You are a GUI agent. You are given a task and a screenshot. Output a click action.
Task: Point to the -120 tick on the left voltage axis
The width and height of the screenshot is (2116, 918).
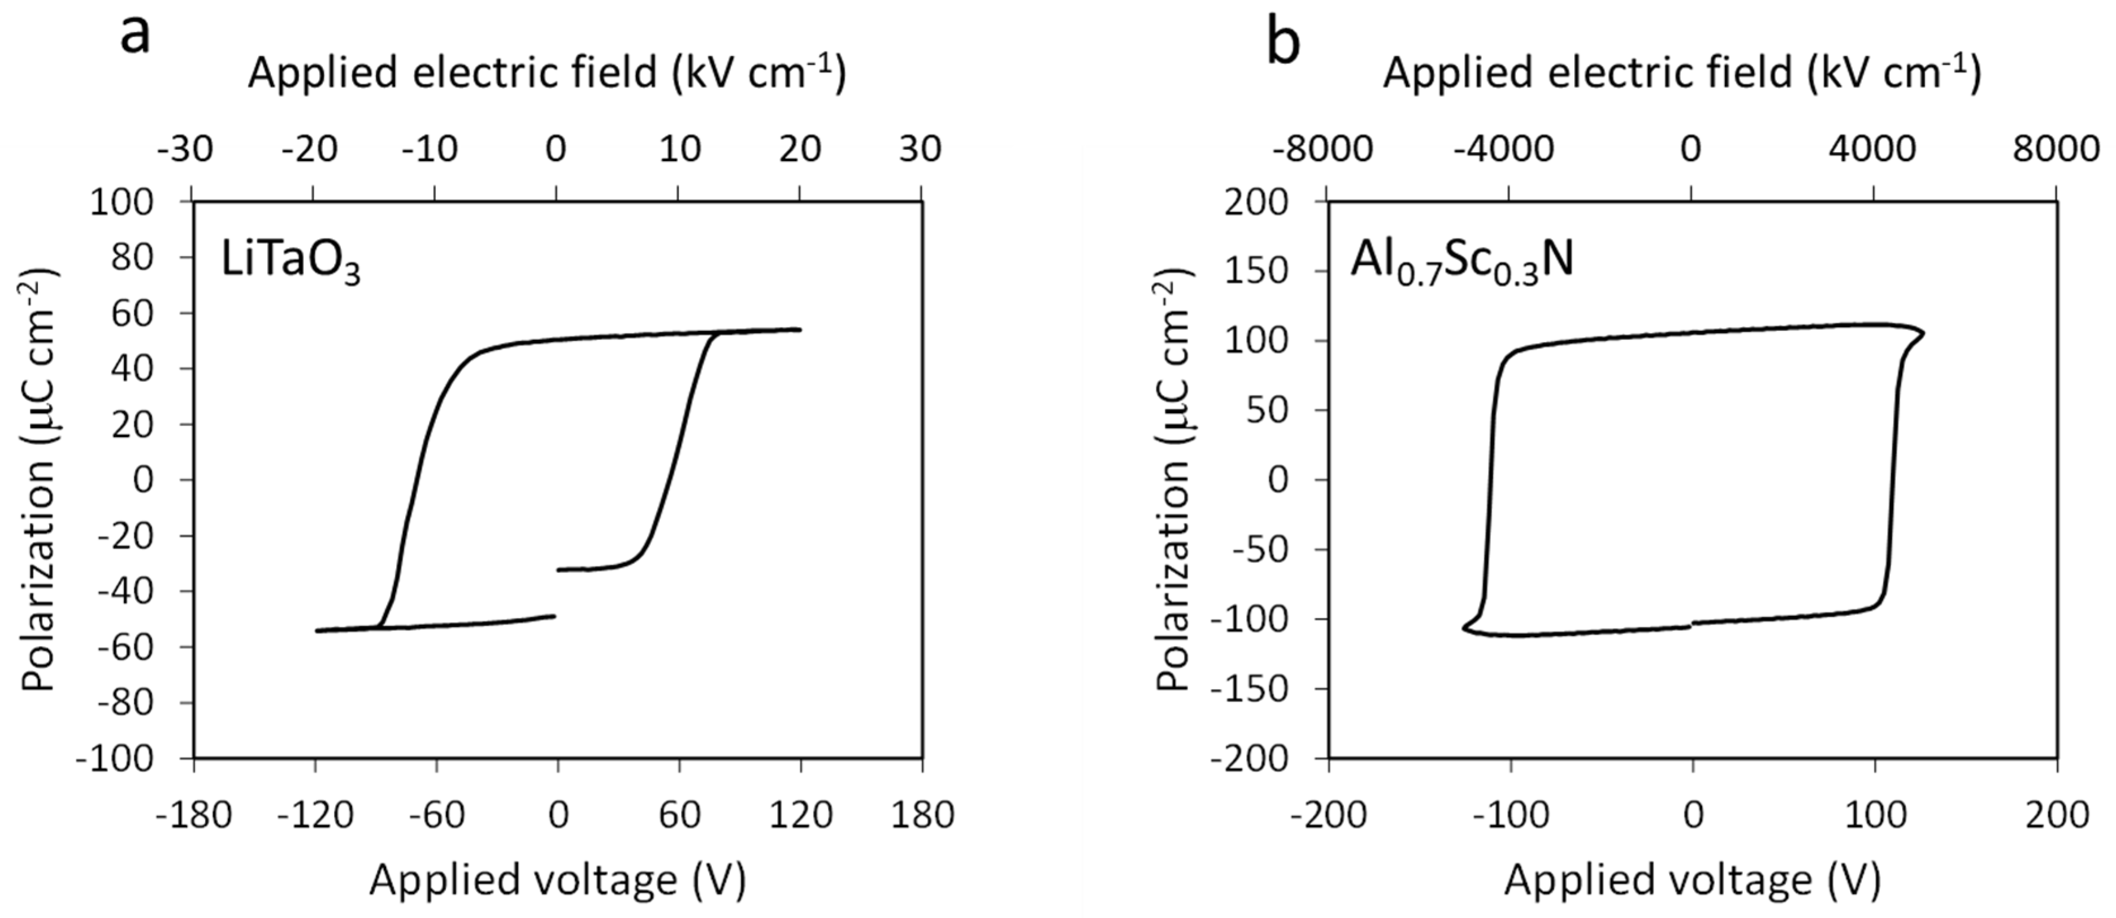coord(315,815)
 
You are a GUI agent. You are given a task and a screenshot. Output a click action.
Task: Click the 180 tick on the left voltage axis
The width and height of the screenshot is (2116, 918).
coord(922,815)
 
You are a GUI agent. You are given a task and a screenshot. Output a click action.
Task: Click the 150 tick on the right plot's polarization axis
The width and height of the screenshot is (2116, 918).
coord(1255,271)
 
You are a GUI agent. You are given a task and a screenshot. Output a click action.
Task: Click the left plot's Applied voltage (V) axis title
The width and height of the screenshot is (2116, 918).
coord(558,880)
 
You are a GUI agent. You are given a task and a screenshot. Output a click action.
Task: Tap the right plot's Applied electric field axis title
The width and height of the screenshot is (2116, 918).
coord(1681,72)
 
